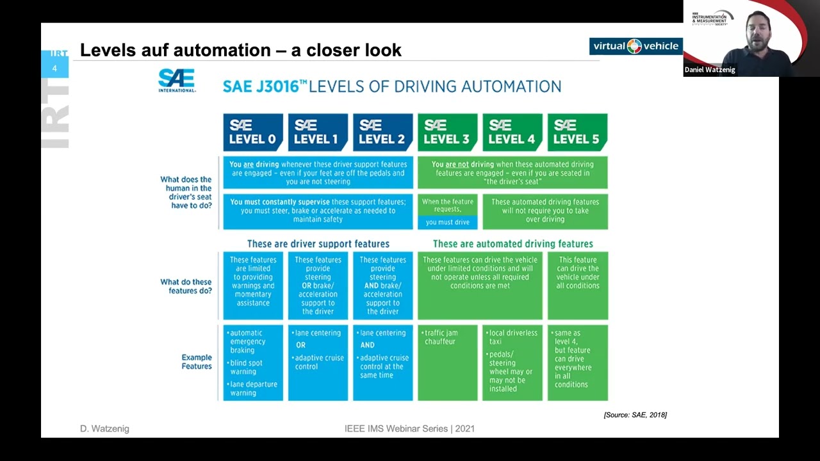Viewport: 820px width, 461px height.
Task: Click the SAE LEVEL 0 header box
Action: [253, 132]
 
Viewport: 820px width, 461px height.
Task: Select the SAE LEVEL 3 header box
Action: [447, 132]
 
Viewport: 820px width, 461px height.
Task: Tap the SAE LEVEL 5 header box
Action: [577, 132]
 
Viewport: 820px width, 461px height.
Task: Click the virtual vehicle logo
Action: [635, 46]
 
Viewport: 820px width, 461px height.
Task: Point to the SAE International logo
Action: [176, 81]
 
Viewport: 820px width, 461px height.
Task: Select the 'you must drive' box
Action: [447, 222]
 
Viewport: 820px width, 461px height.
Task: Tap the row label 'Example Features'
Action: [196, 362]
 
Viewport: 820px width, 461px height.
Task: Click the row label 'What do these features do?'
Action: [186, 286]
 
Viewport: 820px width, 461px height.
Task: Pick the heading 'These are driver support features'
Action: [318, 244]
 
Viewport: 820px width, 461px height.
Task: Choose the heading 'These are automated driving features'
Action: [512, 244]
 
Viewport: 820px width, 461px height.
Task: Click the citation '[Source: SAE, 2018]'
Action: [635, 415]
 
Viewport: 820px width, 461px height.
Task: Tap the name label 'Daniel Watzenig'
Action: [710, 70]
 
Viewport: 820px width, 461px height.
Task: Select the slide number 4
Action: [54, 68]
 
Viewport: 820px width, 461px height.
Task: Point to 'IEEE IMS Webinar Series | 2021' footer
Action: [409, 428]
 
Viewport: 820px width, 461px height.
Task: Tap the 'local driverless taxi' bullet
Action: [512, 337]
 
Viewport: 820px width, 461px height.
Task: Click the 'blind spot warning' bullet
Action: [247, 367]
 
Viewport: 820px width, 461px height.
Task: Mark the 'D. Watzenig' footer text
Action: [104, 428]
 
